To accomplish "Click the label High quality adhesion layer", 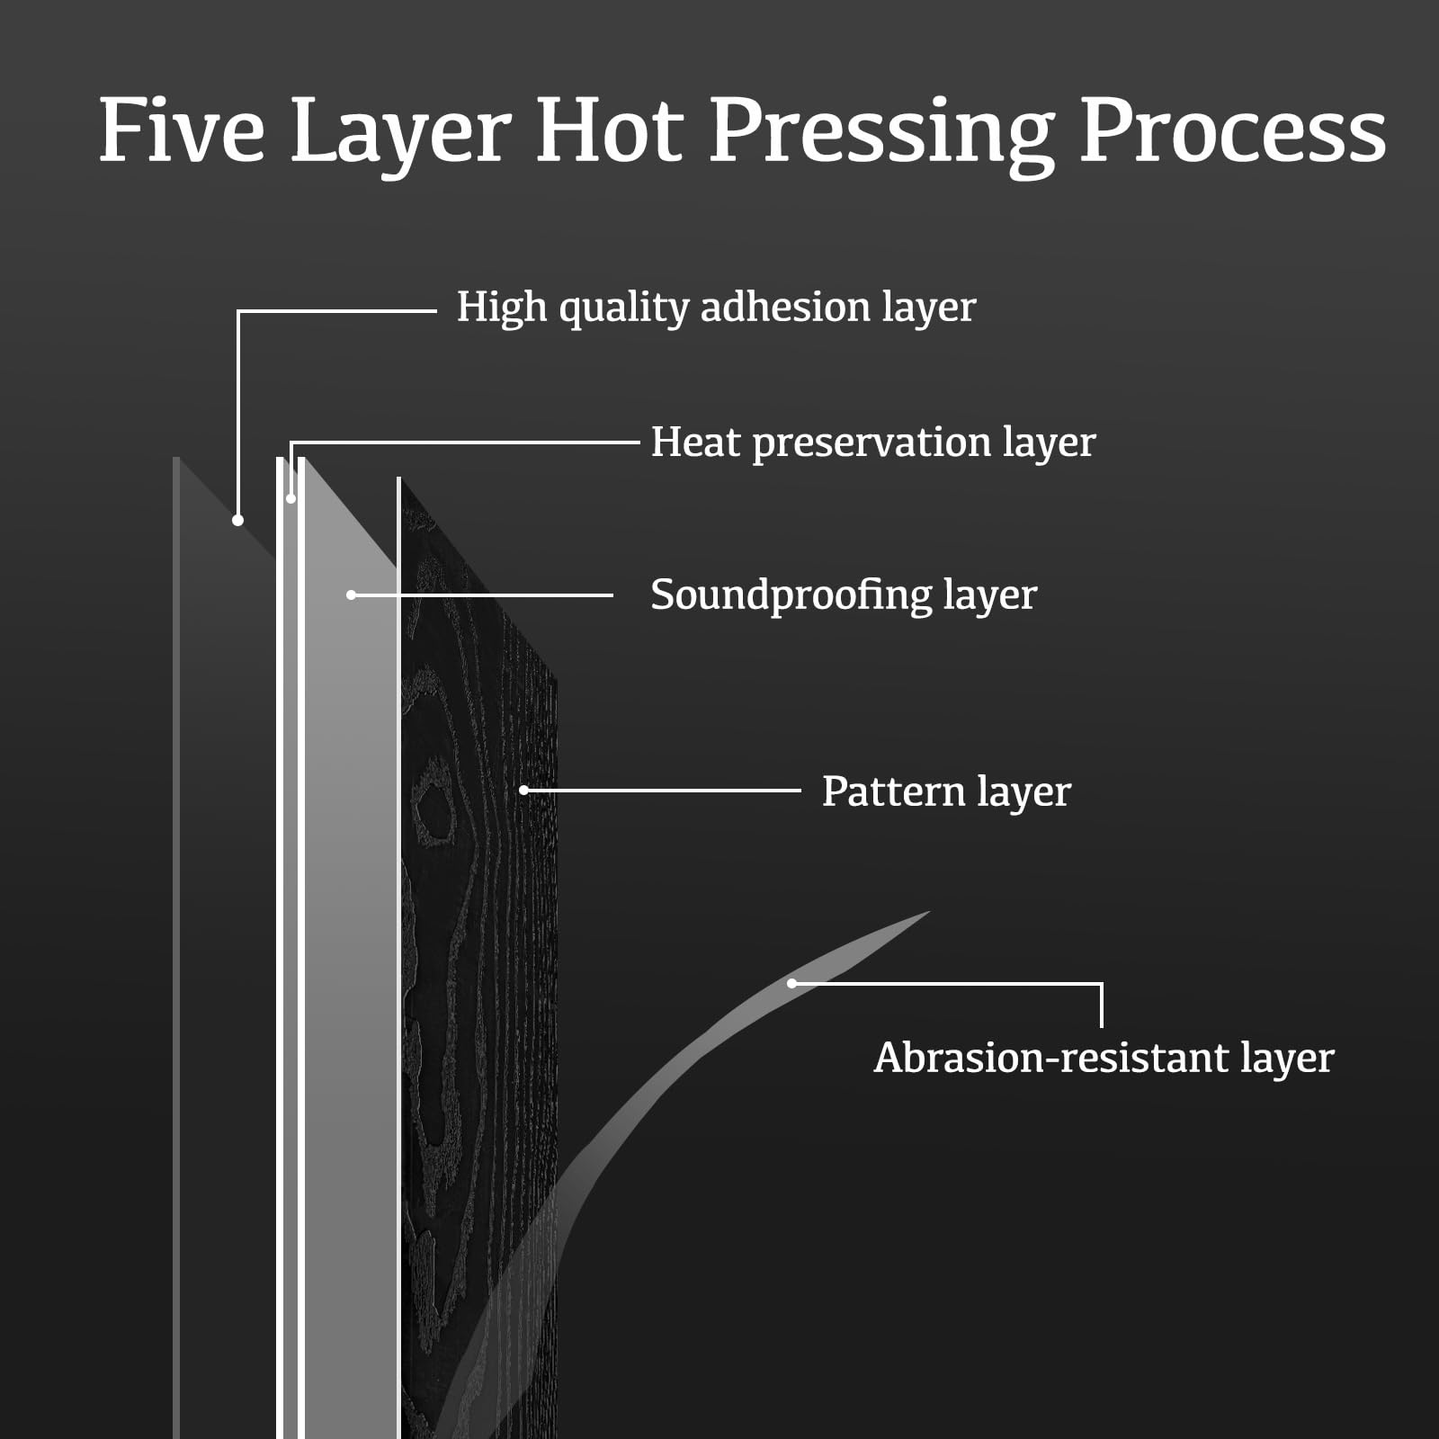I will tap(716, 308).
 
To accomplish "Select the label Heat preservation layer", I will tap(872, 442).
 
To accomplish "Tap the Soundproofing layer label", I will tap(844, 595).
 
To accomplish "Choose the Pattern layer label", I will tap(945, 791).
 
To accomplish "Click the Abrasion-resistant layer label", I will tap(1104, 1058).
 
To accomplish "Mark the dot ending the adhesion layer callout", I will tap(237, 520).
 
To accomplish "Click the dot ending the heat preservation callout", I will tap(290, 498).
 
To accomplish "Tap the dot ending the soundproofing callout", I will tap(352, 594).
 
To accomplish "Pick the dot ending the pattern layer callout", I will tap(523, 790).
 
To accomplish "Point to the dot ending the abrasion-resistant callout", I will tap(791, 983).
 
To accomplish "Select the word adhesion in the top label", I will tap(785, 308).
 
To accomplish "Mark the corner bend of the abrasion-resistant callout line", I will tap(1101, 984).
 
